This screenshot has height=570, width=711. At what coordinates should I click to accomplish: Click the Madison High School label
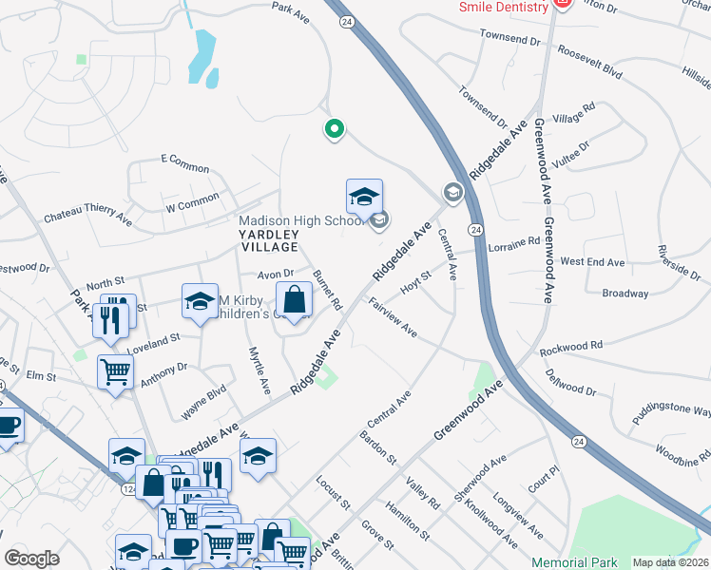coord(300,220)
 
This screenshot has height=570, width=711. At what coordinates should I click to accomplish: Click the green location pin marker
coord(334,128)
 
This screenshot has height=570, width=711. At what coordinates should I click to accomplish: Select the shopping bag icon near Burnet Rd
coord(296,301)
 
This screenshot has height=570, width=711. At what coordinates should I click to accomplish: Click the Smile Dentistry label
coord(503,6)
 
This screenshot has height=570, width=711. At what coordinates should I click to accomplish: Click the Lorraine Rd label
coord(513,245)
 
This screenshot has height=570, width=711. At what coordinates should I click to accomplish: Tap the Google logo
coord(32,558)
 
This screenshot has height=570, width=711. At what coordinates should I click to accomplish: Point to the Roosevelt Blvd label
coord(589,64)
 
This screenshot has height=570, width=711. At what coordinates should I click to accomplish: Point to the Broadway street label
coord(625,294)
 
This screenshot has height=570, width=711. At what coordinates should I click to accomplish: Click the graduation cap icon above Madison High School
coord(364,198)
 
